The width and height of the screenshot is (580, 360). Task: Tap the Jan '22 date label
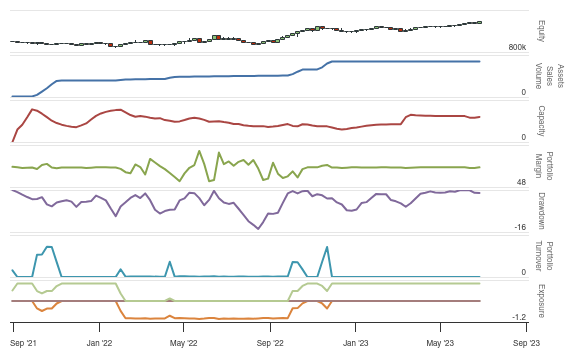98,342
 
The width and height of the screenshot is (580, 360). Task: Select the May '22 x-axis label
183,342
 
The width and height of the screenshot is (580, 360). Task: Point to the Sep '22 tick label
270,342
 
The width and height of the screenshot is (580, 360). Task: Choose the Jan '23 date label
356,342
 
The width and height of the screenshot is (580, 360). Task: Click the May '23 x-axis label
441,342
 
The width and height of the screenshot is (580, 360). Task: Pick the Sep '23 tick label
527,342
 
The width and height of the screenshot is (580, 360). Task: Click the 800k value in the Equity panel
517,47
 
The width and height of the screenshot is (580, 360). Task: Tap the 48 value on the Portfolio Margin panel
521,182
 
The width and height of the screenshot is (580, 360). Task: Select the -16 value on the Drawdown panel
520,227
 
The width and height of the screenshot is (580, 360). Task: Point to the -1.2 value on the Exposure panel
519,317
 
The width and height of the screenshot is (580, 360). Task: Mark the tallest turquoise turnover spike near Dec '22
327,246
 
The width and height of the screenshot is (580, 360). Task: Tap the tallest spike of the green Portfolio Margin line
201,151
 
